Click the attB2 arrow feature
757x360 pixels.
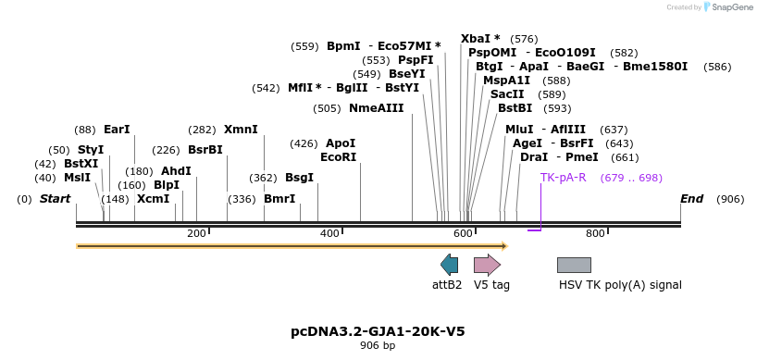point(449,265)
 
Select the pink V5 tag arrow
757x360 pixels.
point(487,265)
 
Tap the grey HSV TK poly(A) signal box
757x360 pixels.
point(574,265)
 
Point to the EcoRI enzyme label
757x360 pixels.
point(338,157)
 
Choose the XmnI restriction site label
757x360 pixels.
point(241,130)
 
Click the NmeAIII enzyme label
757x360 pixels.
point(377,108)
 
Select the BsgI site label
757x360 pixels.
point(299,178)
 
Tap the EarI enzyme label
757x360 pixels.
point(117,130)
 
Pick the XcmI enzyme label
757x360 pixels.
point(154,199)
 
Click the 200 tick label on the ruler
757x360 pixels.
point(196,233)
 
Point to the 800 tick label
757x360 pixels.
point(595,233)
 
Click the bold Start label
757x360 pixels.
point(55,199)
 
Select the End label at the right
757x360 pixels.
point(691,199)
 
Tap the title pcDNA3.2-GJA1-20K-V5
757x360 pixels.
point(378,330)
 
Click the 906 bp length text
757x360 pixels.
point(378,346)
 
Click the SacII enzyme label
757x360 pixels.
point(507,94)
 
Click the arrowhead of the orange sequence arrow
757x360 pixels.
point(504,246)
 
